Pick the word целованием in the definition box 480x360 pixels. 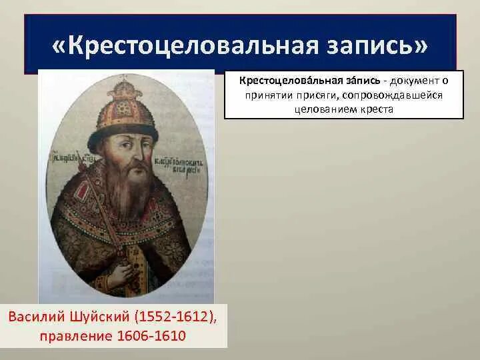pyautogui.click(x=321, y=109)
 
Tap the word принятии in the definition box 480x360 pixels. pyautogui.click(x=269, y=95)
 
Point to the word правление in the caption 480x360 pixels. pyautogui.click(x=65, y=335)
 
